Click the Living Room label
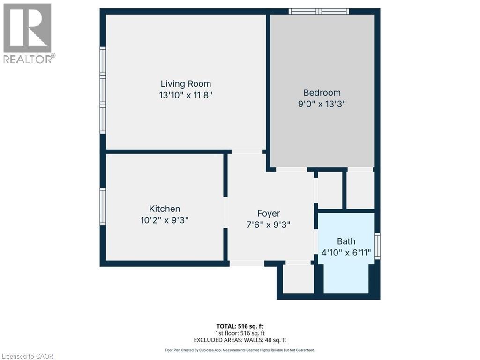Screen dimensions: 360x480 [x=186, y=84]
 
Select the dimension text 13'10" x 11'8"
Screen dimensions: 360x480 [x=186, y=95]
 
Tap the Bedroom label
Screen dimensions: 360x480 [x=322, y=93]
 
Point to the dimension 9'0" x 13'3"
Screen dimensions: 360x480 [x=322, y=104]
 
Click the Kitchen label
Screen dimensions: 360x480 [x=164, y=209]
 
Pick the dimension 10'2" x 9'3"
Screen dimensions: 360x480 [x=164, y=220]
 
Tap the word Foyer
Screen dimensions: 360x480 [x=269, y=214]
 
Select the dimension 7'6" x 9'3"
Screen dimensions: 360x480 [x=269, y=225]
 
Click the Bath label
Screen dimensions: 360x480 [x=346, y=241]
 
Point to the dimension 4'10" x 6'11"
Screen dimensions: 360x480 [x=347, y=252]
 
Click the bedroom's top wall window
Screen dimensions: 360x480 [x=319, y=11]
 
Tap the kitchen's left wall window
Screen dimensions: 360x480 [x=103, y=206]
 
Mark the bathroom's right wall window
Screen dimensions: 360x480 [x=377, y=246]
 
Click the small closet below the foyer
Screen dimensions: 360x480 [x=298, y=279]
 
